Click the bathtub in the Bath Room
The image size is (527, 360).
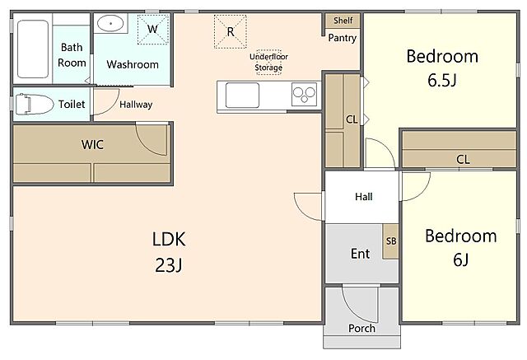point(33,49)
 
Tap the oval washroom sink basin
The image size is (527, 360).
point(110,24)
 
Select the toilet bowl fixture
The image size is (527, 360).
point(35,104)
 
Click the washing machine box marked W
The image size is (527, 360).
point(152,29)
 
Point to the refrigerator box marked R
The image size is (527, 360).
point(231,31)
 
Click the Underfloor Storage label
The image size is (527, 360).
point(268,62)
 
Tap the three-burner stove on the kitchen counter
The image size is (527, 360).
point(304,94)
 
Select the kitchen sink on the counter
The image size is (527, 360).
point(242,95)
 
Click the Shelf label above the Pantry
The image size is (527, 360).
point(343,21)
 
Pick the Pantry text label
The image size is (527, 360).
point(343,38)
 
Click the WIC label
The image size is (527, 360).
point(92,144)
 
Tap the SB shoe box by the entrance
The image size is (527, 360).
point(391,241)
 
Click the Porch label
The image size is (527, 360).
point(361,328)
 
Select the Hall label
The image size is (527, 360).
point(364,196)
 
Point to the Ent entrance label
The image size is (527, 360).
point(361,254)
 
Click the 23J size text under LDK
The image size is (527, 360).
point(169,265)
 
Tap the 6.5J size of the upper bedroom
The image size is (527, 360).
point(442,80)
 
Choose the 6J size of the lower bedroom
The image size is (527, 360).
point(461,259)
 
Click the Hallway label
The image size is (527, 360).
point(136,105)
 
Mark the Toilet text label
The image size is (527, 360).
point(72,104)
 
